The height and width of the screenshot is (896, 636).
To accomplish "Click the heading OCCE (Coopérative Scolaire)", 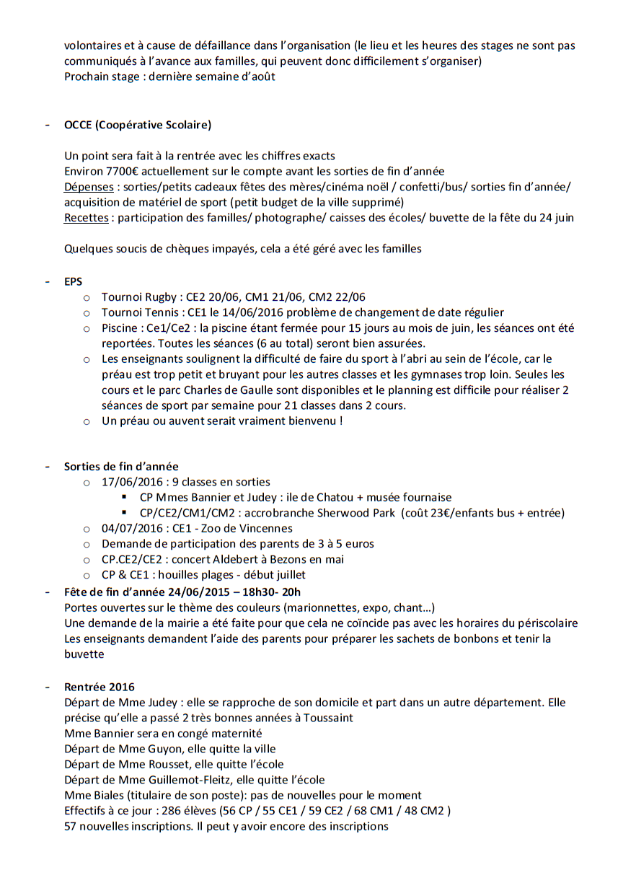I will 137,125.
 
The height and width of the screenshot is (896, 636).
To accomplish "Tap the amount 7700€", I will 124,171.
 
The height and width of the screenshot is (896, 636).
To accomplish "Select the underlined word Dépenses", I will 87,187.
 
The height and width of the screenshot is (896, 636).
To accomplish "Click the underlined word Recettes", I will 87,217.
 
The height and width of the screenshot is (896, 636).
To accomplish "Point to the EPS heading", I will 73,282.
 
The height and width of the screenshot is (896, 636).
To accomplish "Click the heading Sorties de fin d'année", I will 121,466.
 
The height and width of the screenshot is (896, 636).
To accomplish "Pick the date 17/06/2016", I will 130,482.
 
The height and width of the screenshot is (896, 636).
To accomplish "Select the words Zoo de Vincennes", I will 224,528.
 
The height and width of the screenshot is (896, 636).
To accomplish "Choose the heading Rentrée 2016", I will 99,687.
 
